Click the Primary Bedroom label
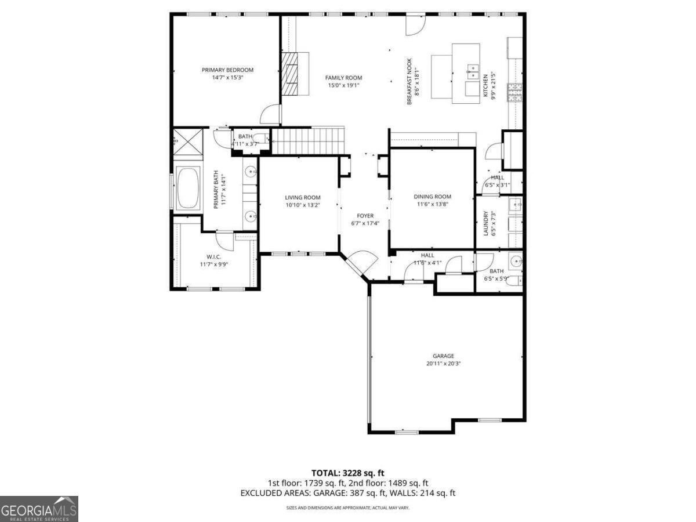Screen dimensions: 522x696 pyautogui.click(x=227, y=70)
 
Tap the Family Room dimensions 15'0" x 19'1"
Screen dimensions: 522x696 pyautogui.click(x=343, y=85)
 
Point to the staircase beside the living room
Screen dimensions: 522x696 pyautogui.click(x=307, y=142)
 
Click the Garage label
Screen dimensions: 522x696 pyautogui.click(x=443, y=356)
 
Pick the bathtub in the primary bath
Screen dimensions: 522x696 pyautogui.click(x=187, y=188)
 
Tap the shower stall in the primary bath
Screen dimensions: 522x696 pyautogui.click(x=187, y=142)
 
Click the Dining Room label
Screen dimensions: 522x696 pyautogui.click(x=432, y=197)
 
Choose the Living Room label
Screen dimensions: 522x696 pyautogui.click(x=302, y=197)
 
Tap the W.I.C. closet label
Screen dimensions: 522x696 pyautogui.click(x=213, y=256)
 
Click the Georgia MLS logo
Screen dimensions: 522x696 pyautogui.click(x=39, y=509)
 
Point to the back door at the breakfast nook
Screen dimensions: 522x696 pyautogui.click(x=415, y=23)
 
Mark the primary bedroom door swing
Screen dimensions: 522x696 pyautogui.click(x=270, y=114)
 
